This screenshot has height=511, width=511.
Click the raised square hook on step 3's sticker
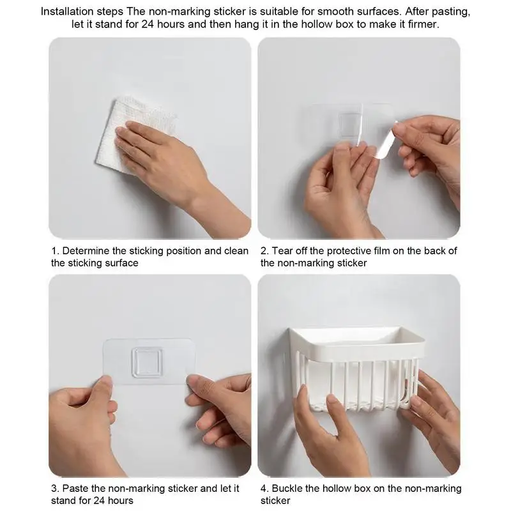click(x=147, y=362)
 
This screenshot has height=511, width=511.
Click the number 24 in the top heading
click(x=148, y=24)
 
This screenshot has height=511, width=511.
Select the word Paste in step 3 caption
click(x=75, y=489)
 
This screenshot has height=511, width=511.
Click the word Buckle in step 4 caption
click(x=287, y=489)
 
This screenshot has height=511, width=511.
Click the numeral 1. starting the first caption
click(x=55, y=251)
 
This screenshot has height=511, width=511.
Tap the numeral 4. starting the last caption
click(x=264, y=489)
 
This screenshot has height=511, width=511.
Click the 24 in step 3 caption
click(x=100, y=501)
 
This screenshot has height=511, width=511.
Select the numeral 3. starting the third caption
click(x=55, y=489)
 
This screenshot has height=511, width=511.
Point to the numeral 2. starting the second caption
click(x=264, y=251)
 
